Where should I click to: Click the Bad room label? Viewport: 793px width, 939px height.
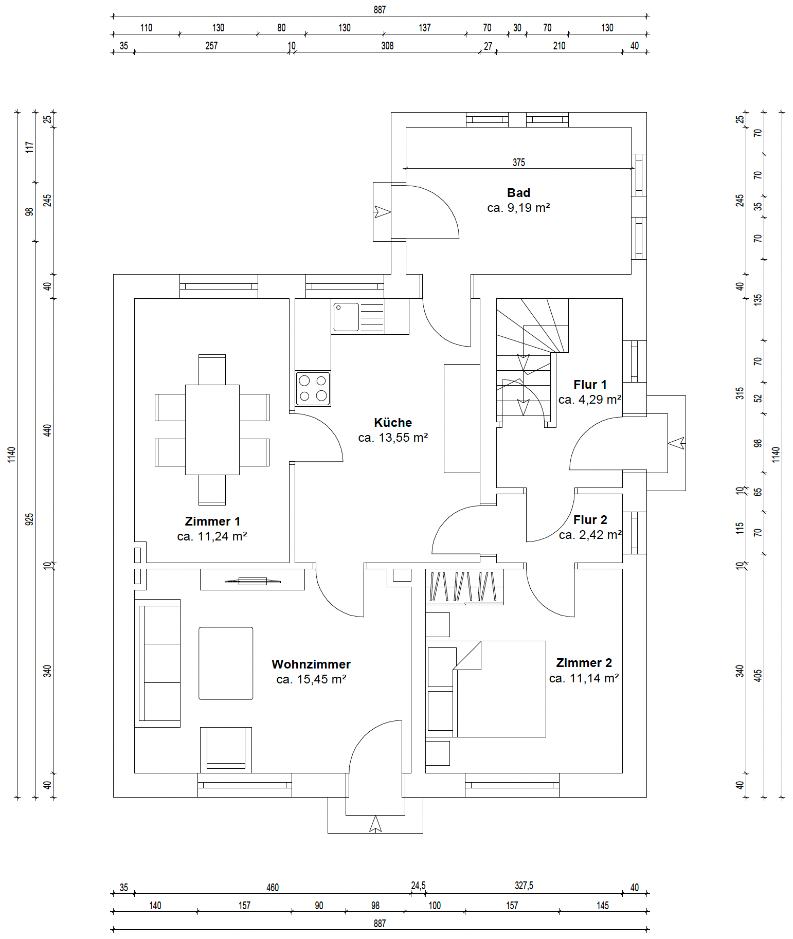(518, 193)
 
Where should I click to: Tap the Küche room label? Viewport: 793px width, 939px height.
(393, 423)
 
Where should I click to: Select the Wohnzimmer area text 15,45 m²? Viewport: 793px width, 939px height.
(311, 679)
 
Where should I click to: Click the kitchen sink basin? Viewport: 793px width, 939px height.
(346, 317)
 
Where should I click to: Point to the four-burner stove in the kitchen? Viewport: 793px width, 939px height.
(313, 388)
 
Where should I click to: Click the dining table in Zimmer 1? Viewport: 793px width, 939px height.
(212, 429)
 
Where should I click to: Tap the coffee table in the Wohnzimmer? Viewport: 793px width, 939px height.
(226, 663)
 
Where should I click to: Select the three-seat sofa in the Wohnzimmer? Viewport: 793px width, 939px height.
(159, 663)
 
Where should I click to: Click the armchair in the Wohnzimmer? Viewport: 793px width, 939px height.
(226, 749)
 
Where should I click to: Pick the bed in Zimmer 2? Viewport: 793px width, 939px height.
(499, 689)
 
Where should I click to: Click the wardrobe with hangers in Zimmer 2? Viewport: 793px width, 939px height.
(464, 586)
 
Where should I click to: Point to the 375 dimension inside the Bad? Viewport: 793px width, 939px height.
(518, 162)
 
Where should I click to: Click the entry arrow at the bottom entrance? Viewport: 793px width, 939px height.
(375, 824)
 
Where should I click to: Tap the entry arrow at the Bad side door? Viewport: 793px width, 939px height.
(382, 211)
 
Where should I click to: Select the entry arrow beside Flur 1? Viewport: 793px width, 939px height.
(676, 443)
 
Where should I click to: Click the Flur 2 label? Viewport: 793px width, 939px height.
(590, 520)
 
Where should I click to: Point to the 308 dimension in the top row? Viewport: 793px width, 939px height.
(387, 46)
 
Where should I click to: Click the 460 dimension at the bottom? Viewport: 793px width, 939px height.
(273, 888)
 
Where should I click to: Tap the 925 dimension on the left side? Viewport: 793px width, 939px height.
(30, 519)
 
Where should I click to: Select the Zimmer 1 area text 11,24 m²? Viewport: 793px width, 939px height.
(212, 536)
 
